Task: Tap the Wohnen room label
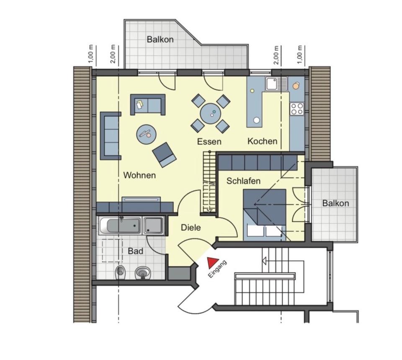(x=139, y=175)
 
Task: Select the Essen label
(x=209, y=142)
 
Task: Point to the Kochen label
(x=262, y=141)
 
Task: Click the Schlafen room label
(x=243, y=181)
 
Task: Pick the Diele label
(x=191, y=228)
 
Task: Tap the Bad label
(x=136, y=251)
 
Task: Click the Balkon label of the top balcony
(x=160, y=40)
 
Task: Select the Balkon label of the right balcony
(x=335, y=203)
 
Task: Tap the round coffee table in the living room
(x=147, y=134)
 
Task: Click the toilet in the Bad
(x=121, y=273)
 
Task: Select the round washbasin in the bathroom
(x=142, y=273)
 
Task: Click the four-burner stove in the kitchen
(x=297, y=109)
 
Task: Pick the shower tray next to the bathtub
(x=153, y=225)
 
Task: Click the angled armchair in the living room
(x=164, y=154)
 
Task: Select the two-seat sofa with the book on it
(x=147, y=105)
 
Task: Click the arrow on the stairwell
(x=265, y=261)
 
